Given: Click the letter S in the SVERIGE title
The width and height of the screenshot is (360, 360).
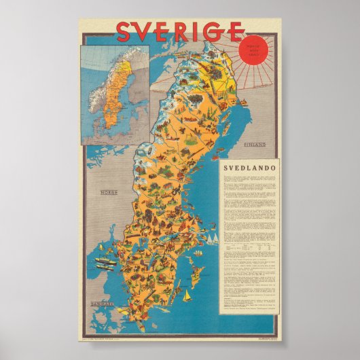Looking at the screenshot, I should (x=125, y=31).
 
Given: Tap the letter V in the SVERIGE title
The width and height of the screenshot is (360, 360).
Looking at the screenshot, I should (x=147, y=31).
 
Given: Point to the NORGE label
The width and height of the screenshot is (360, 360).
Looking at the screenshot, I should (x=110, y=192).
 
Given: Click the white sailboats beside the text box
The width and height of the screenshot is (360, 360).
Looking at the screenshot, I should (x=212, y=238).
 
